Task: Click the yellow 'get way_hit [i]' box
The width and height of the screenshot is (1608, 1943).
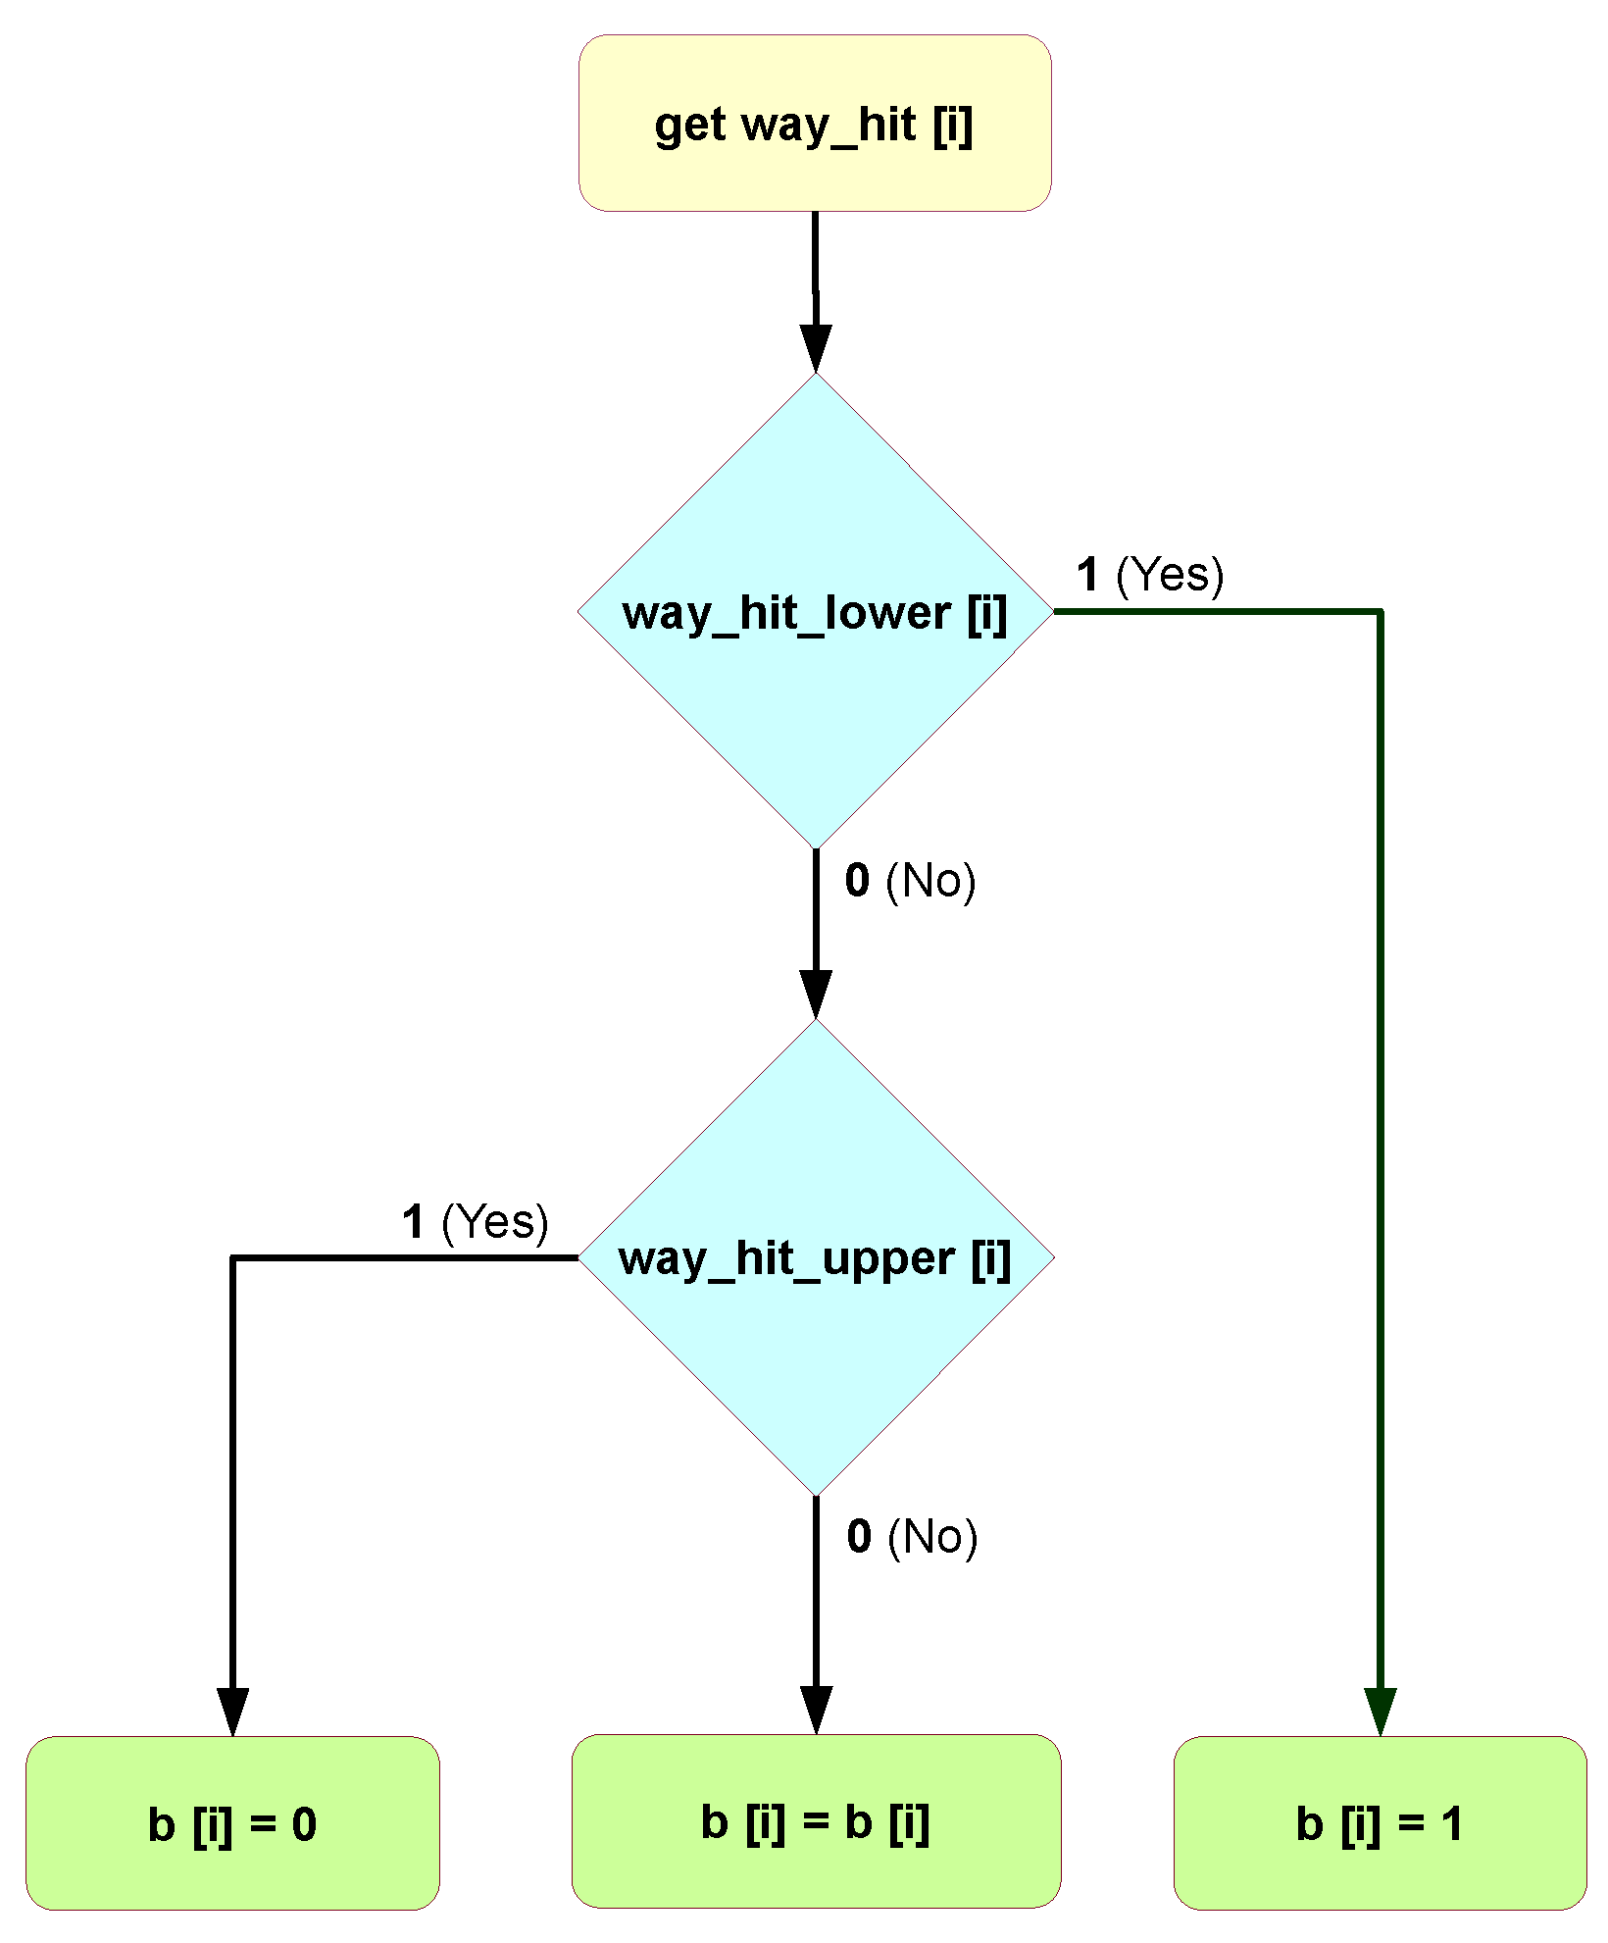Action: click(x=814, y=123)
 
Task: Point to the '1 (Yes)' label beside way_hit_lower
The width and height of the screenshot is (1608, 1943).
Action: click(x=1149, y=574)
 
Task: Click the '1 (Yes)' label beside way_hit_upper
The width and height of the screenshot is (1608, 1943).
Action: click(x=475, y=1222)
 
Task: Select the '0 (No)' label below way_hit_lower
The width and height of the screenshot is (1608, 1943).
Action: click(x=910, y=880)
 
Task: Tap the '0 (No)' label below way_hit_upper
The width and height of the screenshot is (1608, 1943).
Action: click(x=912, y=1536)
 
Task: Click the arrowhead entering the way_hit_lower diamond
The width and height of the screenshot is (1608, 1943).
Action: click(x=816, y=348)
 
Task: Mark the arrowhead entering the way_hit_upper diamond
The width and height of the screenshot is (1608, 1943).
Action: click(x=816, y=995)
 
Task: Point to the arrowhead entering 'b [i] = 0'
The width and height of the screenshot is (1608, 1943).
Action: click(x=232, y=1711)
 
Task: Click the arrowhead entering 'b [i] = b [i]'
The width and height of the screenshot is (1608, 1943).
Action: click(x=816, y=1709)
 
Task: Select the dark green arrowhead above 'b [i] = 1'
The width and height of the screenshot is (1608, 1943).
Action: click(x=1380, y=1711)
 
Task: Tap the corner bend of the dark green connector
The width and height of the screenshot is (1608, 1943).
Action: click(x=1380, y=612)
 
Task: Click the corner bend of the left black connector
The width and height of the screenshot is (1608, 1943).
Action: click(x=233, y=1257)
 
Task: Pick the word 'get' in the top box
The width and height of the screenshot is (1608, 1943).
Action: click(x=689, y=126)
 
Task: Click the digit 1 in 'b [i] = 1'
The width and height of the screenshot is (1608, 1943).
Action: click(x=1451, y=1824)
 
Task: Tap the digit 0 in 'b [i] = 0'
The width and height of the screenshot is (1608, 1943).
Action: click(x=304, y=1824)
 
